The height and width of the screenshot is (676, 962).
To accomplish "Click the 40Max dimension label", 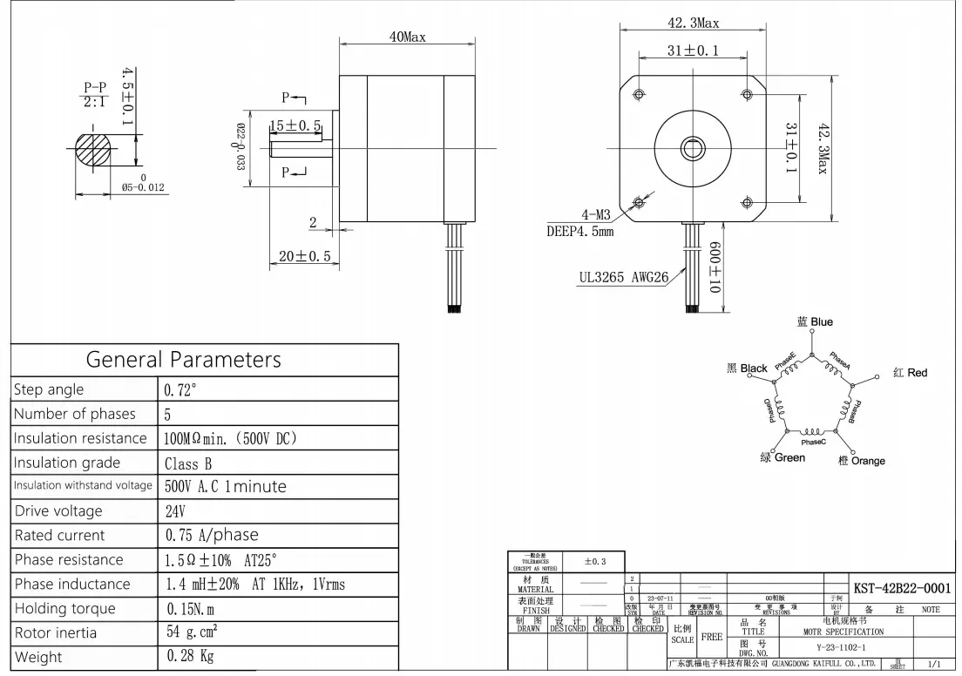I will (x=407, y=37).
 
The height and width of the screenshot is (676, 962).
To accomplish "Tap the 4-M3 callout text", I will (x=596, y=214).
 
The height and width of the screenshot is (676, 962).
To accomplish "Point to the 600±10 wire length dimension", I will (x=715, y=267).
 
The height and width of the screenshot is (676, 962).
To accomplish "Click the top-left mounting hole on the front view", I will (x=640, y=93).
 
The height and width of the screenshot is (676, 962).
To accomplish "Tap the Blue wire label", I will (x=815, y=322).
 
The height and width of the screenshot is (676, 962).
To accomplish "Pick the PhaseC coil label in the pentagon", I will (x=813, y=442).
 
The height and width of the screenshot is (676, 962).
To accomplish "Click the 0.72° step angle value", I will (x=181, y=389).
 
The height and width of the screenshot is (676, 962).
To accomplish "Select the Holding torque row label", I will (x=64, y=608).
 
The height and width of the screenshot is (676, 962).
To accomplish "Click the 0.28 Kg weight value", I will (x=190, y=656).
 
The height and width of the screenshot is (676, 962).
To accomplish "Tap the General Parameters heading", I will (x=183, y=359).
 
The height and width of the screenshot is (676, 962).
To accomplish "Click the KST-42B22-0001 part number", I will (x=901, y=589).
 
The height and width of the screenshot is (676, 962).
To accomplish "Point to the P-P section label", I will (x=93, y=88).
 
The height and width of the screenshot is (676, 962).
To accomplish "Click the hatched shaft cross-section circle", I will (x=95, y=149).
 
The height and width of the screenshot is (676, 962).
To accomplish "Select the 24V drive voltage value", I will (x=176, y=510).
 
